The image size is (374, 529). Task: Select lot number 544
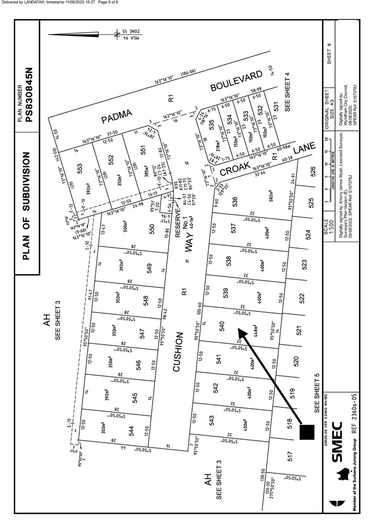(x=132, y=431)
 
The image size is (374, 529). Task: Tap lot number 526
(x=313, y=173)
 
